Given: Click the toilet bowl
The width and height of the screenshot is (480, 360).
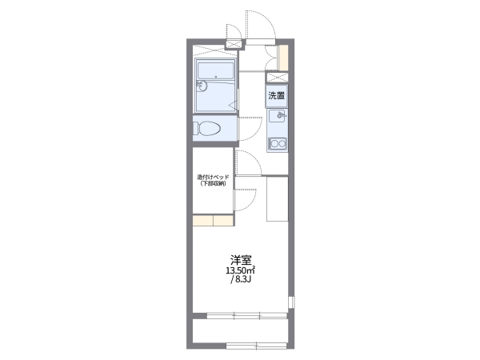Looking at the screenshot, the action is click(207, 128).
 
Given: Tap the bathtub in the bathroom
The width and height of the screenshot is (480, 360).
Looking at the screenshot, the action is click(216, 71).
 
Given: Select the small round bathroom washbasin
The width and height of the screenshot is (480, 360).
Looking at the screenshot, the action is click(202, 86).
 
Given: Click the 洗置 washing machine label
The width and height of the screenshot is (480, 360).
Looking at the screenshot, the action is click(277, 96).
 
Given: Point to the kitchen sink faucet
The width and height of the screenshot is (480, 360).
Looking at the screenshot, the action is click(281, 115).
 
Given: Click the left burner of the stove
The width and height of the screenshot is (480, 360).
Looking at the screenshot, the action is click(274, 143).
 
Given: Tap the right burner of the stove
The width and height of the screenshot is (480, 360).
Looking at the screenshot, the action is click(282, 143).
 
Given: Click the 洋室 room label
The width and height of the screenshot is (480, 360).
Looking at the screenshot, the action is click(241, 260).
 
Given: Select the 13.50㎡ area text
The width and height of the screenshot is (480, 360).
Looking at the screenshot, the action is click(241, 270).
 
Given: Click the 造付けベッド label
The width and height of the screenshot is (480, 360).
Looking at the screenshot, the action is click(213, 177).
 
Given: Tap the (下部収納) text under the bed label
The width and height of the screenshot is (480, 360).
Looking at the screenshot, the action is click(213, 184).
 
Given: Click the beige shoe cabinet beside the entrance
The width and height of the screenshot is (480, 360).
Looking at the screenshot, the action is click(283, 58).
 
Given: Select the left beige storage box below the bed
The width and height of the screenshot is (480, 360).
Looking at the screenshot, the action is click(202, 221).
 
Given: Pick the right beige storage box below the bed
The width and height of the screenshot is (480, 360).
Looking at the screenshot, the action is click(223, 221).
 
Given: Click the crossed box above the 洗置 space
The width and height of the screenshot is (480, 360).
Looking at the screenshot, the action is click(277, 77).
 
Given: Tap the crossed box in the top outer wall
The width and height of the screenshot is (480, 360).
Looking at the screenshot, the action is click(234, 45).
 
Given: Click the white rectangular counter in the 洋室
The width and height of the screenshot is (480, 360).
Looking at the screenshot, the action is click(278, 198).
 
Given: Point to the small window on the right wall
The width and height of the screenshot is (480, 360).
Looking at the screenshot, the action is click(292, 302).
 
